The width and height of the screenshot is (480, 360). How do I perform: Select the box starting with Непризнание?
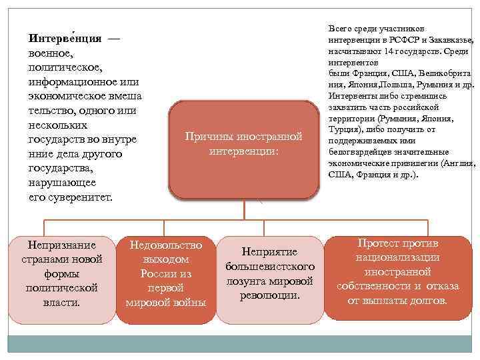pos(61,273)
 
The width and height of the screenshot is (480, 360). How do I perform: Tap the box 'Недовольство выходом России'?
pos(166,274)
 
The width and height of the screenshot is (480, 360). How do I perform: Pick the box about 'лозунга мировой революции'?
pos(270,273)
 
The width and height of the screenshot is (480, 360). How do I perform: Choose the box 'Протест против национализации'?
pos(397,272)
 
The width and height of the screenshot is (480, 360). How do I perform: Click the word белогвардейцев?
pos(366,151)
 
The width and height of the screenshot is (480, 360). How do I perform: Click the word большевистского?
pos(270,266)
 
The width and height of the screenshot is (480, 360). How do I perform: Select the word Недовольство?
pos(166,245)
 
